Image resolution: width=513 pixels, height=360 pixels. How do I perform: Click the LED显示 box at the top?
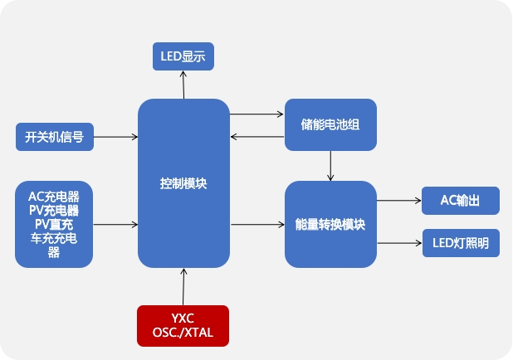click(x=183, y=56)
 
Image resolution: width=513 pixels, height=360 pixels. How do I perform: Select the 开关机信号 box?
click(x=54, y=137)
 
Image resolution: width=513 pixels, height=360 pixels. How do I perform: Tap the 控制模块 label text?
click(x=183, y=183)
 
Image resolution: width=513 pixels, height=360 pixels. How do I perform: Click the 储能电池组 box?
click(x=330, y=125)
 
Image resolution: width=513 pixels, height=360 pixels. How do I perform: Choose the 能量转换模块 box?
click(x=330, y=224)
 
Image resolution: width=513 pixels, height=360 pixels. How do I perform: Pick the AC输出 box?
click(x=461, y=200)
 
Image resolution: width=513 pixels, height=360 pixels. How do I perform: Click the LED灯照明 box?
click(x=461, y=243)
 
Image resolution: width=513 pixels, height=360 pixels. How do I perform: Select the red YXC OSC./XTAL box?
click(x=183, y=325)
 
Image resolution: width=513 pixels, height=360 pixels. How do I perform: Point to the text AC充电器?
click(x=54, y=197)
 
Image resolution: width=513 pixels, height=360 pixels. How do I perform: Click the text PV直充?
click(x=54, y=225)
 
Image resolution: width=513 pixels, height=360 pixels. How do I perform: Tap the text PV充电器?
click(x=54, y=211)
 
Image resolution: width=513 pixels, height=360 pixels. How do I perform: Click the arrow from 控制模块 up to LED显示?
click(x=183, y=85)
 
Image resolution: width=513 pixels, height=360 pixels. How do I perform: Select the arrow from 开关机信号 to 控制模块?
click(x=115, y=137)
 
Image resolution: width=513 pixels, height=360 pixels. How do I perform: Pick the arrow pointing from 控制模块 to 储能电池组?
click(x=256, y=114)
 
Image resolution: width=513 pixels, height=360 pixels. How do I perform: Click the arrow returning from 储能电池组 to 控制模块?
click(x=256, y=137)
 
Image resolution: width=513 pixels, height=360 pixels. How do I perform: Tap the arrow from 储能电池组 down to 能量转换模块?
click(x=330, y=166)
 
